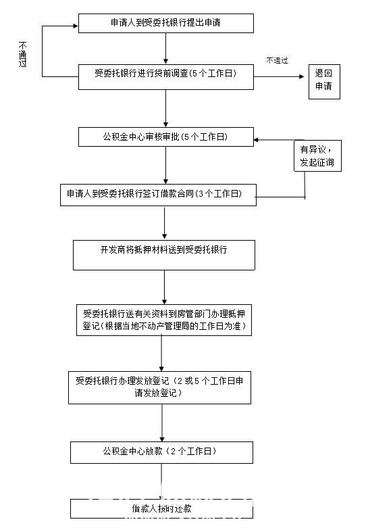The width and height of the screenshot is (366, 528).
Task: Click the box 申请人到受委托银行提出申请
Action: coord(165,23)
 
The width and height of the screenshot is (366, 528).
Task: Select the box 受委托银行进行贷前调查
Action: coord(165,77)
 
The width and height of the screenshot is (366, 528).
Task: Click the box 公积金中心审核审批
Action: coord(165,137)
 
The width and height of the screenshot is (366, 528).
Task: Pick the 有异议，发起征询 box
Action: coord(317,156)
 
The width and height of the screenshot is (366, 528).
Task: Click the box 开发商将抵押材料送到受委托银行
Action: coord(164,254)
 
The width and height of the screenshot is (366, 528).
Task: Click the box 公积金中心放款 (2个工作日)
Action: coord(162,452)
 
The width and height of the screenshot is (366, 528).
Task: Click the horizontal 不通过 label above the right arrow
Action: coord(277,60)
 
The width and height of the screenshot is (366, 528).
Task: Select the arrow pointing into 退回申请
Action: coord(280,76)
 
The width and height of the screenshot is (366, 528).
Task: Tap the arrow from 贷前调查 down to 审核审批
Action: coord(165,107)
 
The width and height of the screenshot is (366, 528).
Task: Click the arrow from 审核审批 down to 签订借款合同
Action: coord(165,164)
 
